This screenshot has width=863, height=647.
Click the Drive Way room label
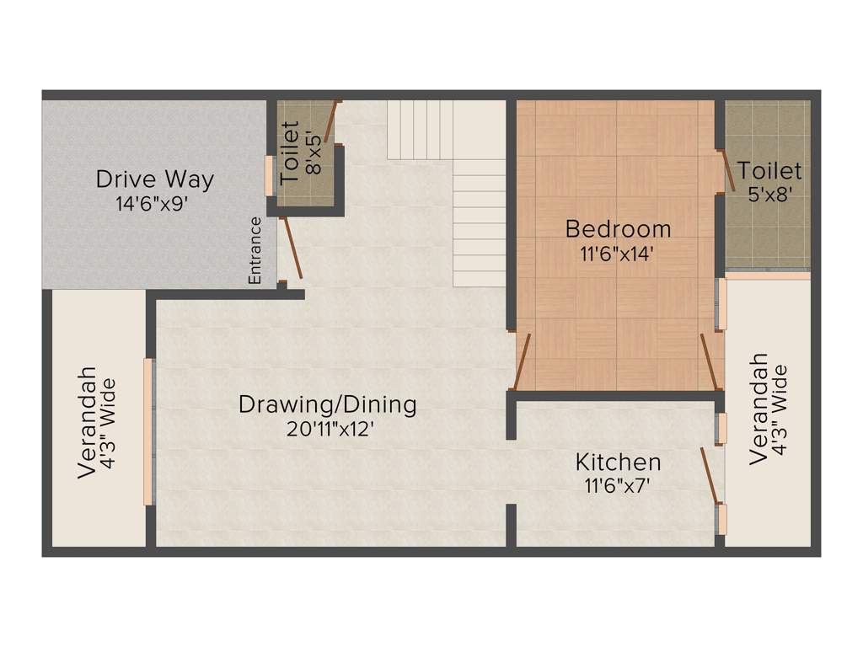(154, 179)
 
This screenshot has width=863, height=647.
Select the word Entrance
(255, 250)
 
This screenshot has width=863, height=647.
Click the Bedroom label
(618, 228)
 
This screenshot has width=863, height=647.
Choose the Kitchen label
(618, 462)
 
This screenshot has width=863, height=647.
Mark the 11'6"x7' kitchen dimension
(618, 485)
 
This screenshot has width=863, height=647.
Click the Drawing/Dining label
(327, 404)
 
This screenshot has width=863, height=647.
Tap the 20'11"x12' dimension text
(329, 429)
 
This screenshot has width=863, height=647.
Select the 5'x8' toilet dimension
(770, 194)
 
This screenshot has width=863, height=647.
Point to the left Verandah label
(87, 422)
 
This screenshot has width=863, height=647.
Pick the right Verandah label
(758, 408)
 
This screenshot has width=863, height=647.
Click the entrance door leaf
(291, 248)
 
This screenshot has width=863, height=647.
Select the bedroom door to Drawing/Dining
(522, 362)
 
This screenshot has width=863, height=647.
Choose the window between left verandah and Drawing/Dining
(149, 431)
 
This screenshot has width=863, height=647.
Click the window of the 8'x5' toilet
(270, 175)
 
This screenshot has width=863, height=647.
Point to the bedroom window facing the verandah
(721, 304)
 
